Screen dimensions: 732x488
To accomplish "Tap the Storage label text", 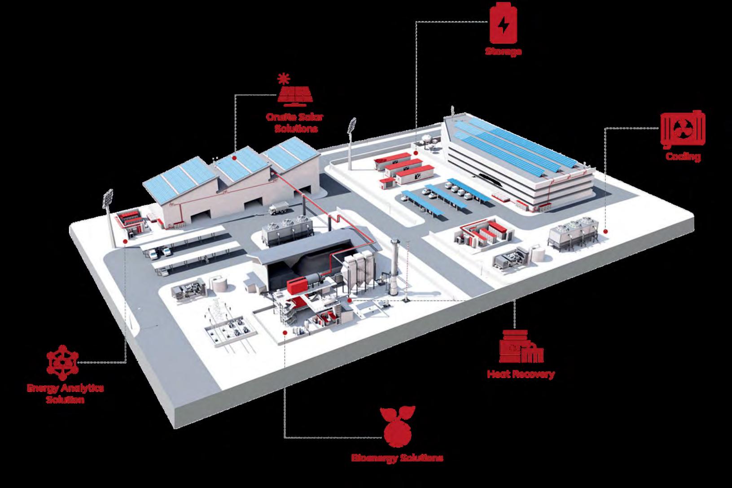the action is coord(503,51).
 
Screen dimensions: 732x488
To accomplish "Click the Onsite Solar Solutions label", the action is coord(295,123).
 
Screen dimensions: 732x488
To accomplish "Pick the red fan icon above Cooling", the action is coord(682,130).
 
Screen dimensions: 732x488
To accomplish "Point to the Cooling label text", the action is coord(683,157).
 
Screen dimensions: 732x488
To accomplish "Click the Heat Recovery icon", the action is coord(521,347).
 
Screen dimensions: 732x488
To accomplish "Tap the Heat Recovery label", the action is coord(521,374).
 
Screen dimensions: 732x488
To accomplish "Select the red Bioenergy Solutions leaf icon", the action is coord(398,427).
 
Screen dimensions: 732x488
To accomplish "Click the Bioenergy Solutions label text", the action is coord(397,458).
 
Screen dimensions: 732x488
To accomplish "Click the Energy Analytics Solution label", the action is coord(65,393).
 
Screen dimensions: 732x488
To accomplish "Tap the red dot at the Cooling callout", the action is coord(605,232).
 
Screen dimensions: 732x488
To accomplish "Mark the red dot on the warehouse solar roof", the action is coord(235,158).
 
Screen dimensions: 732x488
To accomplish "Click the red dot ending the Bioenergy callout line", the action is coord(285,332).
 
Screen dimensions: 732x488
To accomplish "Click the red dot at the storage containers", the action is coord(416,153).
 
